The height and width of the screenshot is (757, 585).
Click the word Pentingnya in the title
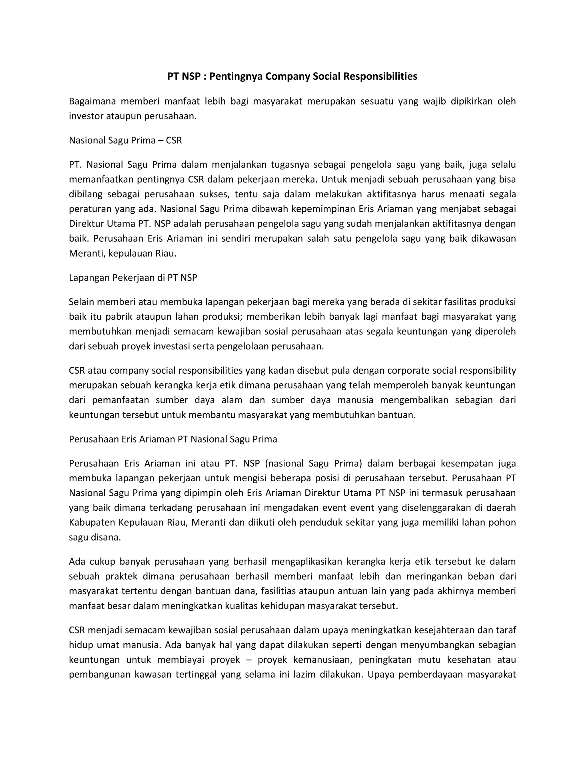[236, 76]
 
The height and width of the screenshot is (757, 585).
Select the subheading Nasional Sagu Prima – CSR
[125, 140]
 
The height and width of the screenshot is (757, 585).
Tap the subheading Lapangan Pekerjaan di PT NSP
[133, 278]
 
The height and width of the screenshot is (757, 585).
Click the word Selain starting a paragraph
[81, 302]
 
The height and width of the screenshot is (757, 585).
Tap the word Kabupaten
[92, 522]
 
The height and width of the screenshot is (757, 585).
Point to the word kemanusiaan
[323, 660]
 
